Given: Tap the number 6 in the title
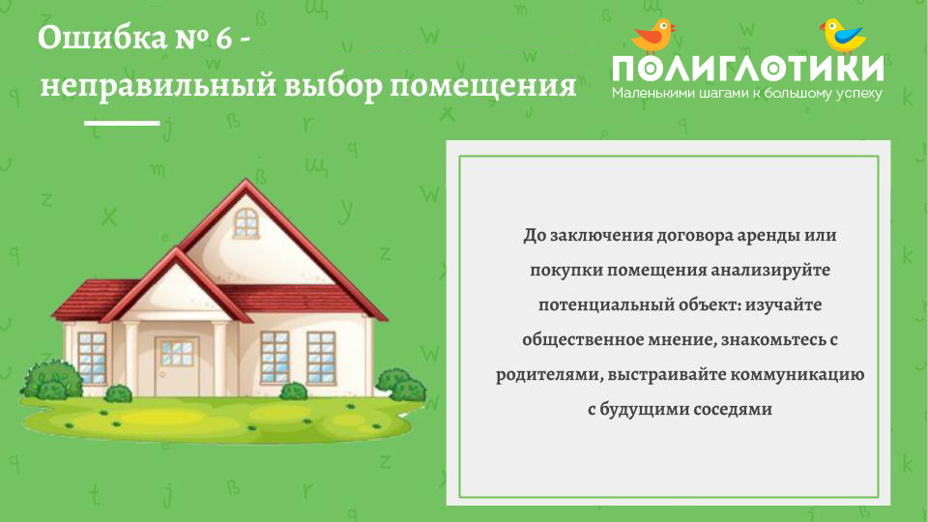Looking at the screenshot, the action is (223, 39).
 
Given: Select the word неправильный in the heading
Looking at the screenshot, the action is (158, 85).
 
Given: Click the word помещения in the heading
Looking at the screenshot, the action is (483, 86).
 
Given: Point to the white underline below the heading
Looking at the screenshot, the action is (122, 123).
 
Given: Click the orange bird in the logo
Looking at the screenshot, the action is (654, 36).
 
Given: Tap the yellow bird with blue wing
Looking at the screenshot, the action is (843, 36).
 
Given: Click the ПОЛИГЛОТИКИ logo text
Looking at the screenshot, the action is (748, 68).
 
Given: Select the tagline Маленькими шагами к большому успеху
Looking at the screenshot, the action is (747, 94).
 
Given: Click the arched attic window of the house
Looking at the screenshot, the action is (246, 223).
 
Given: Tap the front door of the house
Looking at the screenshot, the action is (176, 366).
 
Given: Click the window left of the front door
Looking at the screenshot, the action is (92, 357).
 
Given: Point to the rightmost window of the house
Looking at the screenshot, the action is (321, 357).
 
